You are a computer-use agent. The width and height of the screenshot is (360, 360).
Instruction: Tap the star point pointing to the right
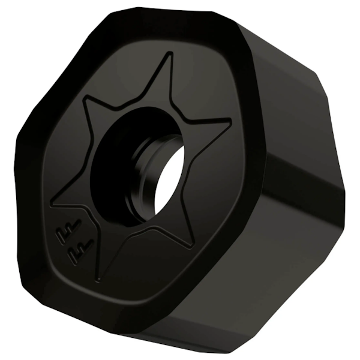tap(230, 124)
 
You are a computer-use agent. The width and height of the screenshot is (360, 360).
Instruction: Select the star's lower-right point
tap(193, 245)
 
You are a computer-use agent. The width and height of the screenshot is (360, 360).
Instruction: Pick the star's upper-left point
tap(85, 98)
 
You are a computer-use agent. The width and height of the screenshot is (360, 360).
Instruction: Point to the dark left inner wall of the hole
tap(114, 168)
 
